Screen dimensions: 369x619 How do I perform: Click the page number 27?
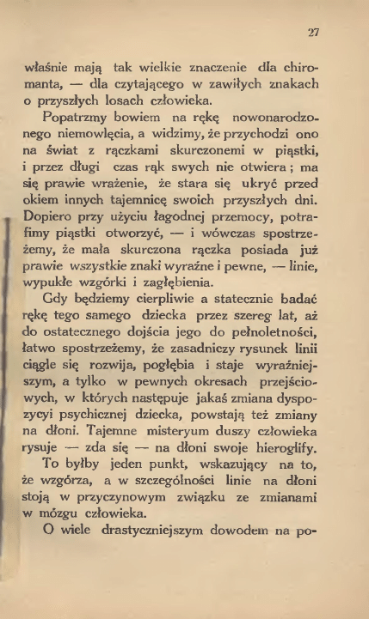tap(313, 33)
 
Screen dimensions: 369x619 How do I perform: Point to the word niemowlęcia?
tap(107, 139)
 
